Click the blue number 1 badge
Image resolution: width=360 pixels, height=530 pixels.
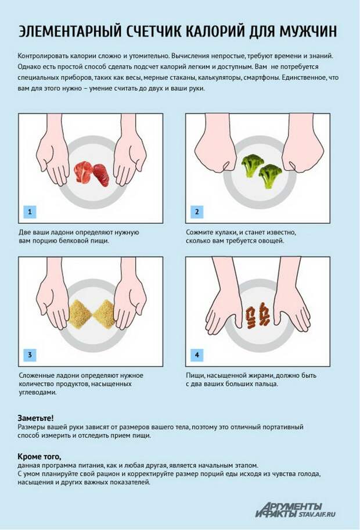[x=30, y=212]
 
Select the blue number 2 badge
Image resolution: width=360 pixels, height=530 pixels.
[x=197, y=212]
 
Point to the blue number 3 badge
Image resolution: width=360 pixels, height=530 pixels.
[x=30, y=354]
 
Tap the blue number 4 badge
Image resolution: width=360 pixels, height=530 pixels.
[x=197, y=354]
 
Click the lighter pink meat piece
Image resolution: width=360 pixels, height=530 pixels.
[x=83, y=173]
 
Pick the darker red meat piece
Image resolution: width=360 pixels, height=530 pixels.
[x=101, y=174]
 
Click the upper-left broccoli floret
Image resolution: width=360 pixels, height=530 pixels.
[x=251, y=165]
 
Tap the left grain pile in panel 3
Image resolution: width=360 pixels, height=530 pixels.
[x=80, y=314]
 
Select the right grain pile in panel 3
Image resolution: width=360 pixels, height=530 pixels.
[x=104, y=314]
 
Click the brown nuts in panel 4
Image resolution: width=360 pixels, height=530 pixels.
[x=258, y=318]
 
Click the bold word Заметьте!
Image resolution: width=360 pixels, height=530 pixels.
[x=35, y=418]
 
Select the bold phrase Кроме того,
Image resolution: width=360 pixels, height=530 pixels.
[x=39, y=457]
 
